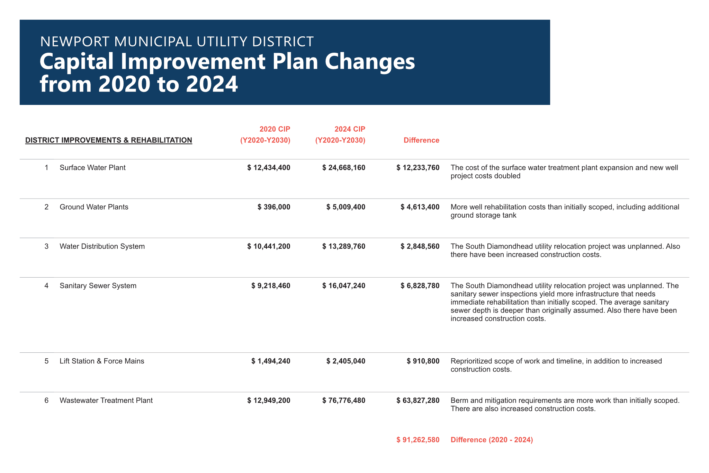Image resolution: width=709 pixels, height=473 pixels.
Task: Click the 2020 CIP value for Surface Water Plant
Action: pyautogui.click(x=269, y=168)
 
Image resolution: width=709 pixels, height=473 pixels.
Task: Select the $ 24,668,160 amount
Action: pyautogui.click(x=343, y=168)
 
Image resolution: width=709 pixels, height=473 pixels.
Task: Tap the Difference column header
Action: pyautogui.click(x=421, y=140)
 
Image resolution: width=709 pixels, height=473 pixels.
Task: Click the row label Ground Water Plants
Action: pyautogui.click(x=94, y=207)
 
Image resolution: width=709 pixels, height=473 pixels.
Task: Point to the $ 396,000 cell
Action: pyautogui.click(x=274, y=207)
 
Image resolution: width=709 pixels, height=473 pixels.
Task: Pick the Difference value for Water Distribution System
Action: pyautogui.click(x=420, y=246)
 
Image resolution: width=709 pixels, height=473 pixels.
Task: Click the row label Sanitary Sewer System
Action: pyautogui.click(x=98, y=286)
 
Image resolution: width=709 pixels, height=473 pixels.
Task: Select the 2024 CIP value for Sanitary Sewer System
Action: pyautogui.click(x=343, y=286)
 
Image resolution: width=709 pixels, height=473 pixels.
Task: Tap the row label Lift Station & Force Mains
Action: pyautogui.click(x=102, y=361)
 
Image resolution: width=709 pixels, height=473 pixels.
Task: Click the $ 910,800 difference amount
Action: pyautogui.click(x=423, y=361)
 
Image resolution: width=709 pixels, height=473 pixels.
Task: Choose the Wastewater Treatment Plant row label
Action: pyautogui.click(x=106, y=401)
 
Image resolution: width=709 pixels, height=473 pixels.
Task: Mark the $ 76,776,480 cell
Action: pyautogui.click(x=343, y=401)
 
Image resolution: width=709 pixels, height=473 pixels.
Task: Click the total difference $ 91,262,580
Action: pyautogui.click(x=418, y=440)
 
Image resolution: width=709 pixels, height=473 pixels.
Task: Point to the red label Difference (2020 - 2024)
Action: pyautogui.click(x=492, y=440)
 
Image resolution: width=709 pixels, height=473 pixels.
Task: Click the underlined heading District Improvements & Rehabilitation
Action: pyautogui.click(x=109, y=140)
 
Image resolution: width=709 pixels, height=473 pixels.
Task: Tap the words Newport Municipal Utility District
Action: pyautogui.click(x=177, y=42)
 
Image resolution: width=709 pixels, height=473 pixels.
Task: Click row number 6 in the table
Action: pyautogui.click(x=46, y=401)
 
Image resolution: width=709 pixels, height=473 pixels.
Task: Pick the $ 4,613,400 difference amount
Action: pyautogui.click(x=420, y=207)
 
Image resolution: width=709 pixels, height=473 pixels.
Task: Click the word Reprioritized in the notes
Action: pyautogui.click(x=472, y=361)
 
